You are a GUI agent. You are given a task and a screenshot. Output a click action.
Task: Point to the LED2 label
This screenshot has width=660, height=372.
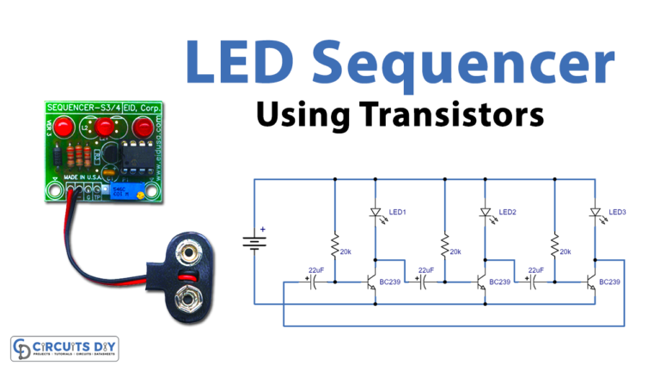coord(507,212)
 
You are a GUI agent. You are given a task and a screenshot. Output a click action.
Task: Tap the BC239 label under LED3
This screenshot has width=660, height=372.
coord(611,282)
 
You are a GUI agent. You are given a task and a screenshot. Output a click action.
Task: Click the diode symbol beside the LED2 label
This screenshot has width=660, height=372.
coord(485,214)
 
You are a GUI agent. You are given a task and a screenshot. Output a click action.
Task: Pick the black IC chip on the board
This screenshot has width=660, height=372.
coord(137,154)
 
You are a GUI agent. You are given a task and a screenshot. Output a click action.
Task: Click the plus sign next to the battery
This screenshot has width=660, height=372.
coord(263,230)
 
